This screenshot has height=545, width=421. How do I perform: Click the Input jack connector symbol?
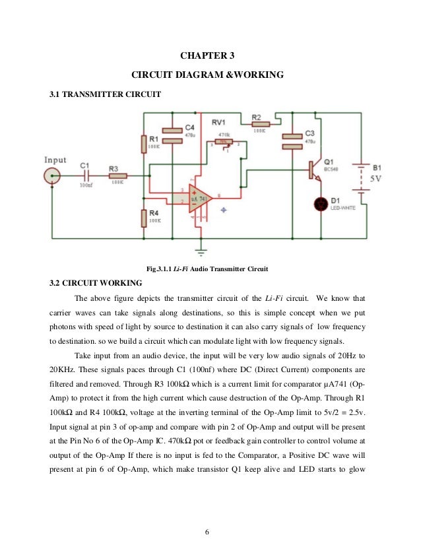[x=51, y=176]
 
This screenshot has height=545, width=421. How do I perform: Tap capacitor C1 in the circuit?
[x=85, y=176]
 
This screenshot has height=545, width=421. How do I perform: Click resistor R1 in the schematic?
[x=143, y=144]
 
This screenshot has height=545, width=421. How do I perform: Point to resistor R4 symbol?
[x=143, y=217]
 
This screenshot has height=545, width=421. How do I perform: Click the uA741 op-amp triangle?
[x=198, y=197]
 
